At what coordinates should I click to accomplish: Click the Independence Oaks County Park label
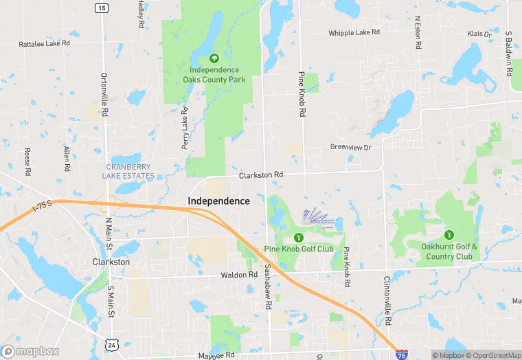(x=214, y=74)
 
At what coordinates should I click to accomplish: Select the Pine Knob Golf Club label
(x=298, y=249)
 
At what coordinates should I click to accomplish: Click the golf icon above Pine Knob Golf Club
(x=297, y=237)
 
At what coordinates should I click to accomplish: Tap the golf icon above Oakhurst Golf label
(x=449, y=235)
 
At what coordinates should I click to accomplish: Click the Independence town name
(x=219, y=201)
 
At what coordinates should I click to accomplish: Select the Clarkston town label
(x=111, y=262)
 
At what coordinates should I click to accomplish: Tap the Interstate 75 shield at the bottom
(x=401, y=353)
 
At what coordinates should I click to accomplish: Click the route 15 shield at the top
(x=102, y=8)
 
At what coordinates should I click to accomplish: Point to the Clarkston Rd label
(x=261, y=175)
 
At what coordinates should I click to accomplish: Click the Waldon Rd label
(x=238, y=275)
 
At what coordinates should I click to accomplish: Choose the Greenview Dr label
(x=350, y=147)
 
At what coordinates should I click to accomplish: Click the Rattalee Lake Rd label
(x=45, y=43)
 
